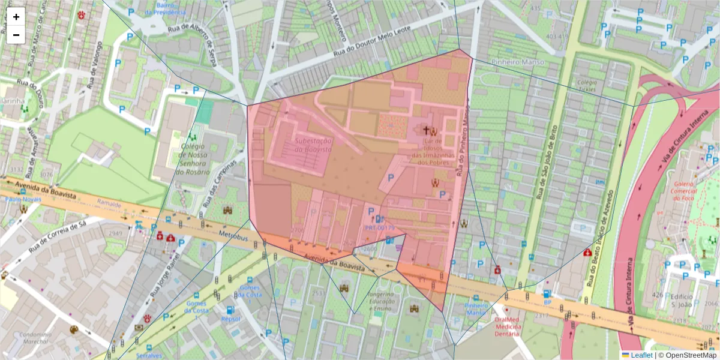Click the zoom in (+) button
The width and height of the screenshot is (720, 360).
[x=16, y=17]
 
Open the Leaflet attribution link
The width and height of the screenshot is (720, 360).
[x=641, y=355]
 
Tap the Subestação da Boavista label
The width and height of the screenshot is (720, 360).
[x=313, y=144]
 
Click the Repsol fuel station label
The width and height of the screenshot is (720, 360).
[x=230, y=319]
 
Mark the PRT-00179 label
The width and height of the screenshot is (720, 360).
[x=380, y=228]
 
